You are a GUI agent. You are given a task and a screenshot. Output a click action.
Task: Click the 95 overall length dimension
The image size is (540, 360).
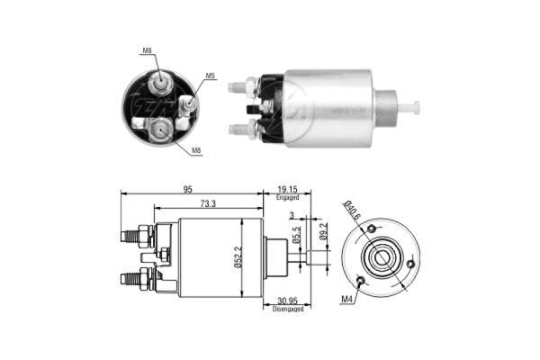pos(187,190)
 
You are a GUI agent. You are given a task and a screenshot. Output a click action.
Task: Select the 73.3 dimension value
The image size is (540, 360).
pos(208,204)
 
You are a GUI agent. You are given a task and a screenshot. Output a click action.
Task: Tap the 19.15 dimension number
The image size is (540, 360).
pos(287,190)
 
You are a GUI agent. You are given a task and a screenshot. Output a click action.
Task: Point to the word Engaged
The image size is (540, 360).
pos(287,198)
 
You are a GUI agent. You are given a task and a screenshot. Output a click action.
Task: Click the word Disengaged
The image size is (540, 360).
pos(288,309)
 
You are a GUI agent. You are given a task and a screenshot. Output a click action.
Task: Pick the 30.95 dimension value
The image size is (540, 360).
pos(287,301)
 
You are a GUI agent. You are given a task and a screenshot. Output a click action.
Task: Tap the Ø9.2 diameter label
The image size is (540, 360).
pos(323,231)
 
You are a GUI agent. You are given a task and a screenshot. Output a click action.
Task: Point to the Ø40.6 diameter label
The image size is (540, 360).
pos(352,210)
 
